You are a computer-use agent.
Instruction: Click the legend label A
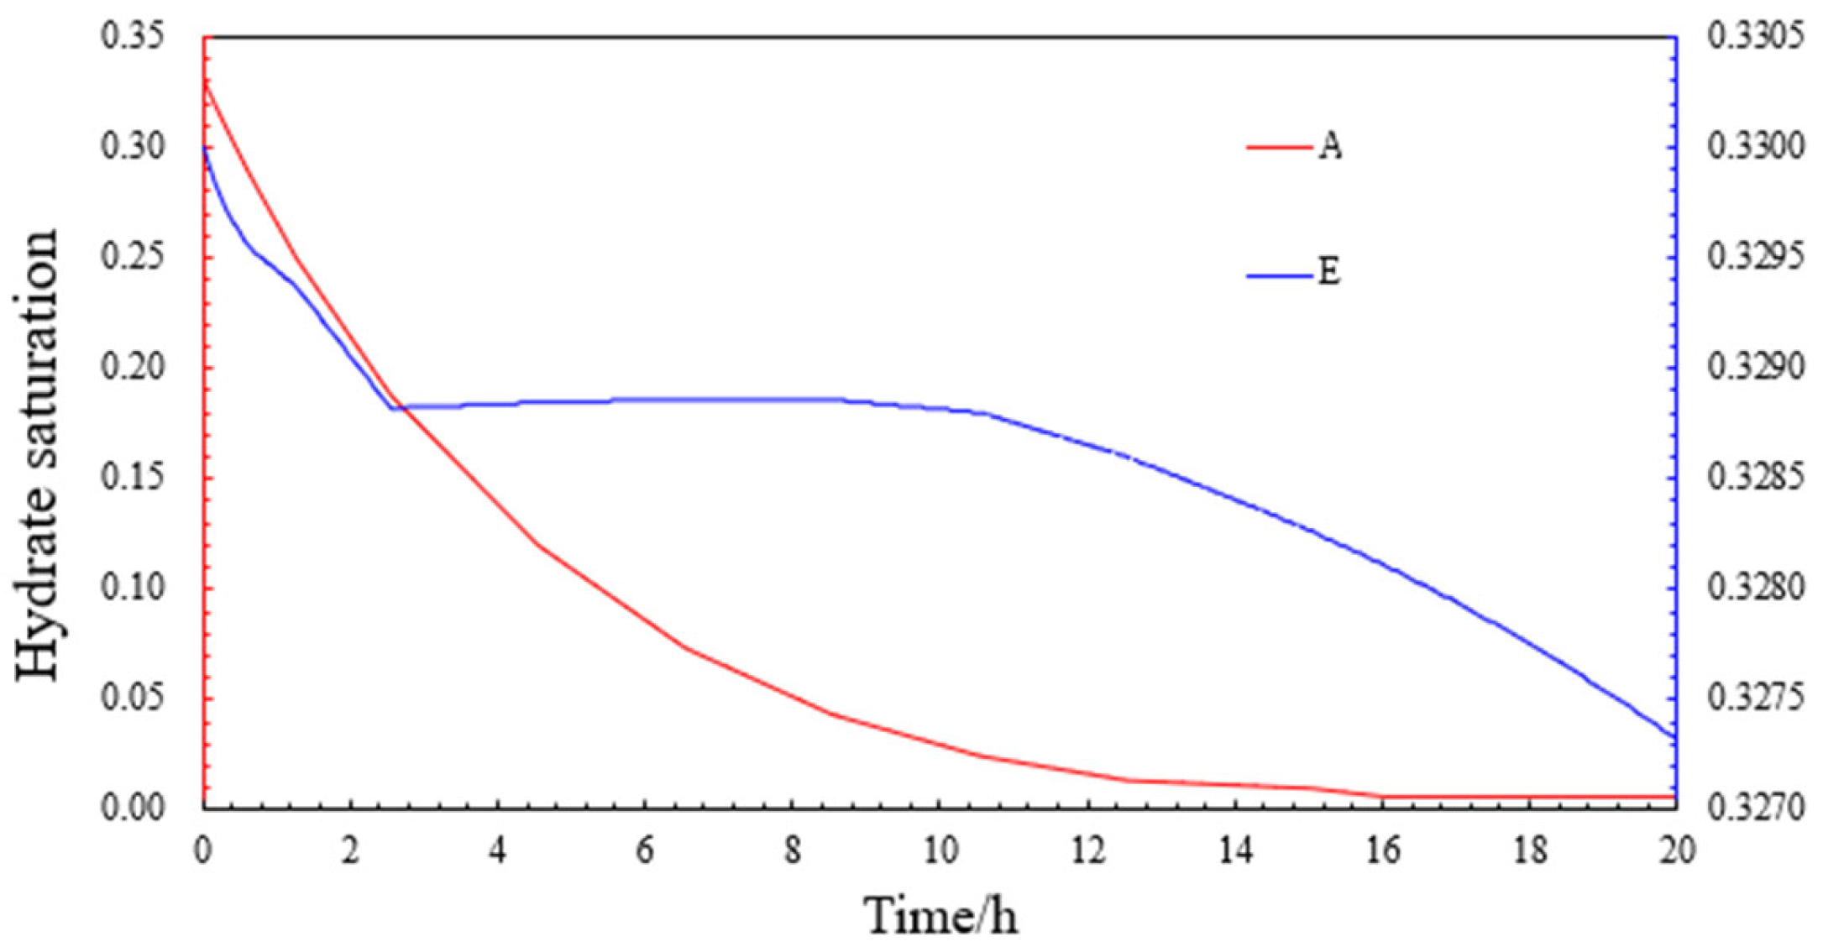[1330, 148]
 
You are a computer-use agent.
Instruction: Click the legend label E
[1328, 273]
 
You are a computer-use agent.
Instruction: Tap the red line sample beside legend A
[1278, 148]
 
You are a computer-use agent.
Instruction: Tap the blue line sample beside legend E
[1278, 275]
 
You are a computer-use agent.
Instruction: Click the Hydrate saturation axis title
[38, 453]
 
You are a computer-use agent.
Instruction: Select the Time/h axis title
[940, 915]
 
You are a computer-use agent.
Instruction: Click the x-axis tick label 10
[940, 851]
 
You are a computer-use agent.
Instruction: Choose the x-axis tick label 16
[1382, 851]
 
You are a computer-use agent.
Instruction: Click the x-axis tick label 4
[498, 851]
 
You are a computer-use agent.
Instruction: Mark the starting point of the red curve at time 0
[205, 82]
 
